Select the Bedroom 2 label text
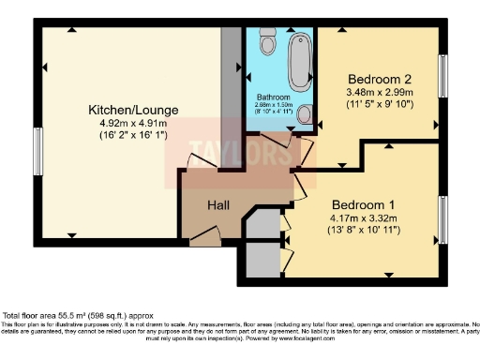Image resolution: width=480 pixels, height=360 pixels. pyautogui.click(x=379, y=80)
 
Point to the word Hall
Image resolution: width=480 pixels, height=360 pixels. pyautogui.click(x=219, y=204)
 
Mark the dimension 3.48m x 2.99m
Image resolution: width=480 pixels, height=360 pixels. pyautogui.click(x=379, y=93)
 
